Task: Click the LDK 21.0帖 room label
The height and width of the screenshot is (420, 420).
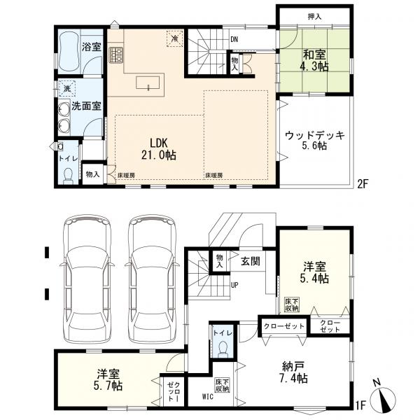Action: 159,149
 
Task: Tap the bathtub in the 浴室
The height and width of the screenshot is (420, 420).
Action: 69,52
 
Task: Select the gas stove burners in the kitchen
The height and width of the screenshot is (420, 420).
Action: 116,55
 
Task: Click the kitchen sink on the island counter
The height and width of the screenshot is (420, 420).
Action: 148,83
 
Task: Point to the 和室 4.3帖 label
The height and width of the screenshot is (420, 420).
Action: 315,61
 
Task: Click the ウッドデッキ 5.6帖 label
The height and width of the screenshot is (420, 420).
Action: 315,141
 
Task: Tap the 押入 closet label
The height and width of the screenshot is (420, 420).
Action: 314,17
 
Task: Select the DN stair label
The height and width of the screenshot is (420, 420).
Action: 234,40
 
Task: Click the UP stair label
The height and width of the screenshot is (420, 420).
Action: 234,286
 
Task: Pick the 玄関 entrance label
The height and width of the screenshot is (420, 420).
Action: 251,261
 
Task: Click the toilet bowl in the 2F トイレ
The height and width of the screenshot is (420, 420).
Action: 69,176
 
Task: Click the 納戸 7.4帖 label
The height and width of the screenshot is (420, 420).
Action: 294,372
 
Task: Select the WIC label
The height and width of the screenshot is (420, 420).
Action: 208,396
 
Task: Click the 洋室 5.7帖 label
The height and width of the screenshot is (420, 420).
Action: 109,379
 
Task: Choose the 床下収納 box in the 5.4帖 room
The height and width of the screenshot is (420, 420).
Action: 292,305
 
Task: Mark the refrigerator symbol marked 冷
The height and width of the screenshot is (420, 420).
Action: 174,38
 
